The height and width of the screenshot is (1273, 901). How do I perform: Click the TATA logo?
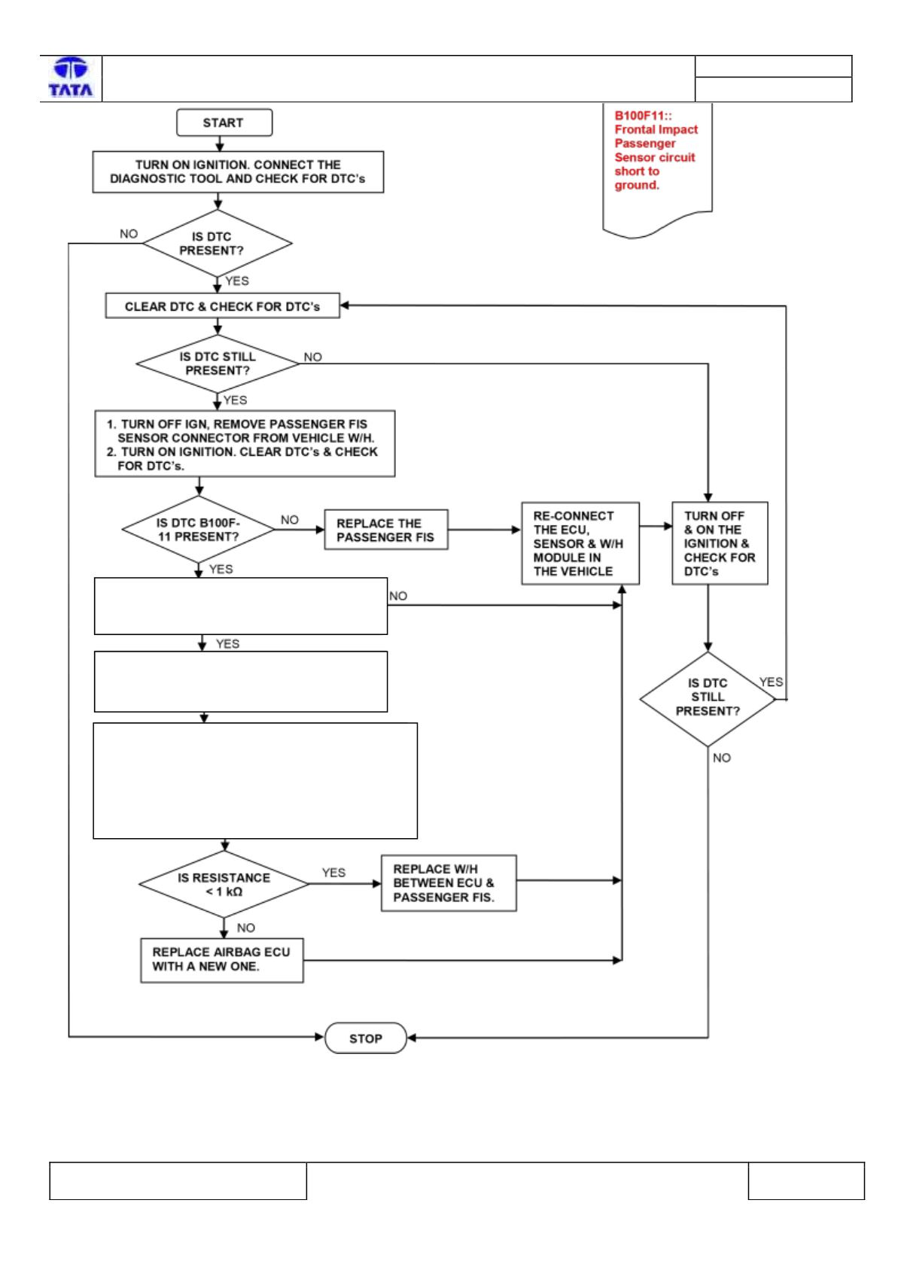(x=71, y=77)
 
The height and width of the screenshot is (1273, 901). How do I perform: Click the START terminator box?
(x=224, y=123)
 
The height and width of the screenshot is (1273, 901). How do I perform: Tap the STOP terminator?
(x=366, y=1038)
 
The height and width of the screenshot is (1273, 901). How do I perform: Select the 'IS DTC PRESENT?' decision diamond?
(x=217, y=243)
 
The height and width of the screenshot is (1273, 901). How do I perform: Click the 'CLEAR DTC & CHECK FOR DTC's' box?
(x=222, y=305)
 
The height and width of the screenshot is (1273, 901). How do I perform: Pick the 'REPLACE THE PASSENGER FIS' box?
(x=386, y=530)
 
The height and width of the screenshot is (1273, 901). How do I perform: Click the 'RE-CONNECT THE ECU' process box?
(x=580, y=543)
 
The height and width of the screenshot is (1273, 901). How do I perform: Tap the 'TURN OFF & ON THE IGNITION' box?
(x=720, y=543)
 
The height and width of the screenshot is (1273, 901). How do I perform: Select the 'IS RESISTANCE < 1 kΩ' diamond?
(x=224, y=884)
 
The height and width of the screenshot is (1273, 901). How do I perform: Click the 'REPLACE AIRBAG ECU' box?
(x=222, y=961)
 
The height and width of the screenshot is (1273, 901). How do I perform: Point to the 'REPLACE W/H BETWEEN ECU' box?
(x=449, y=883)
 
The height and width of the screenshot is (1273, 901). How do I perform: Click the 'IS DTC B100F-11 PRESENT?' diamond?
(x=199, y=529)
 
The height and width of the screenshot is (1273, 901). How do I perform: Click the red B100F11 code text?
(x=643, y=116)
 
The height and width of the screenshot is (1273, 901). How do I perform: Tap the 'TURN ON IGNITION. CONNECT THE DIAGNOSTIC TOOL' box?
(x=238, y=172)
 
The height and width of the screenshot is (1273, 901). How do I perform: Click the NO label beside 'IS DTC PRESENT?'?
(x=129, y=233)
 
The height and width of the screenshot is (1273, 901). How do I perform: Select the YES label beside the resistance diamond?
(x=333, y=872)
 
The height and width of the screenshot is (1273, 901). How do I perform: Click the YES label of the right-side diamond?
(x=771, y=682)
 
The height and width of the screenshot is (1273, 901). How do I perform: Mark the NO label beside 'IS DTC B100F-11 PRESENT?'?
(x=289, y=519)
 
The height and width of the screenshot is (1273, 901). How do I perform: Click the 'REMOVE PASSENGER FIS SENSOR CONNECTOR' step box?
(x=245, y=443)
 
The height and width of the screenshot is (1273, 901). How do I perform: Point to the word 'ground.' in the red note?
(x=637, y=185)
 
